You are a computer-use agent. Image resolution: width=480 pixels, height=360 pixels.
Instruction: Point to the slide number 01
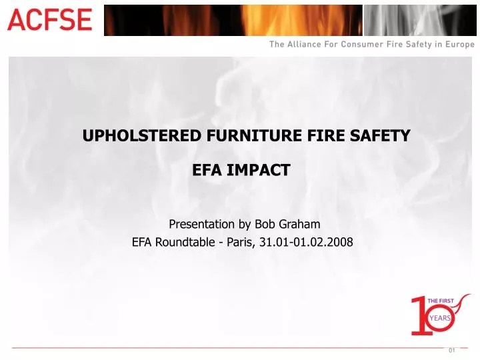pos(452,351)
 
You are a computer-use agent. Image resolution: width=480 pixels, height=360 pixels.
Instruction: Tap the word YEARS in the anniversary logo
pos(441,318)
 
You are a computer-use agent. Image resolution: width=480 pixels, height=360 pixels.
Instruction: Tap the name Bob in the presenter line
pos(265,224)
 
